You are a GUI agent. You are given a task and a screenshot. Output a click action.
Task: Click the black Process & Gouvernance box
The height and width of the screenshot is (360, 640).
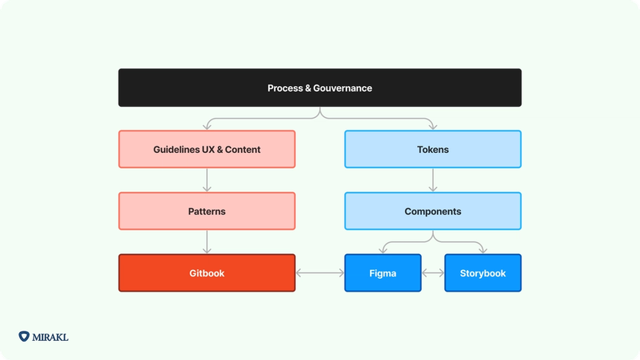tap(319, 88)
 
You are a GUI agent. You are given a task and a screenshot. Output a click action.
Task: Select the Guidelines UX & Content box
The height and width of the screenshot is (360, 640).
tap(207, 149)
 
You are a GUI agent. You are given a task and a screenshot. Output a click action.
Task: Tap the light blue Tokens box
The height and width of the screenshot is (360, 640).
tap(432, 149)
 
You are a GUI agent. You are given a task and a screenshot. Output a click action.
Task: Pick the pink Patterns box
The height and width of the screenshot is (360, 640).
tap(207, 211)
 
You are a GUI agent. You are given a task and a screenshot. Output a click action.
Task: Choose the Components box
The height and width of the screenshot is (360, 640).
tap(432, 211)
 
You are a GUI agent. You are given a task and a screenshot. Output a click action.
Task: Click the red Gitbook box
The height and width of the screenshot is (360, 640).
tap(207, 273)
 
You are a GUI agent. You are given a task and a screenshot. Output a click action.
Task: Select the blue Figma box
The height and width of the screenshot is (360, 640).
tap(382, 273)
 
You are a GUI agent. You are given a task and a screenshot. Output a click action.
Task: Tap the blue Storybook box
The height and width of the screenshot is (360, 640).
tap(482, 273)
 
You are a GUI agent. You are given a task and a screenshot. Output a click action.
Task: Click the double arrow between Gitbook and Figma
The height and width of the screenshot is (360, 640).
tap(320, 273)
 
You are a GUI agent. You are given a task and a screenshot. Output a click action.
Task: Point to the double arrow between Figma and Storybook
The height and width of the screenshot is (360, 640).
tap(432, 273)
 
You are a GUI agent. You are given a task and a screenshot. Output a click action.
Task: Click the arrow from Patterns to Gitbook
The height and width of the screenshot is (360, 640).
tap(207, 242)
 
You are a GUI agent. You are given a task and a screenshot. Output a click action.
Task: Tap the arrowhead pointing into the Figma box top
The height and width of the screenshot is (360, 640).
tap(382, 251)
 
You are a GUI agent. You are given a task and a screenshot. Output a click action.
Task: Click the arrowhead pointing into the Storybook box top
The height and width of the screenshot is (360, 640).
tap(482, 251)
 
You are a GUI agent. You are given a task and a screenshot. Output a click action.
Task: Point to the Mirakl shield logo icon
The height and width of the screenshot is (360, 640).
tap(24, 337)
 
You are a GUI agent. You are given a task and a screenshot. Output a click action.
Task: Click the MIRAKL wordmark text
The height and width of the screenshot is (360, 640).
tap(51, 337)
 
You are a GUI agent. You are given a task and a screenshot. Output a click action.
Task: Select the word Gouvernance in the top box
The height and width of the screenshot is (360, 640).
tap(343, 88)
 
